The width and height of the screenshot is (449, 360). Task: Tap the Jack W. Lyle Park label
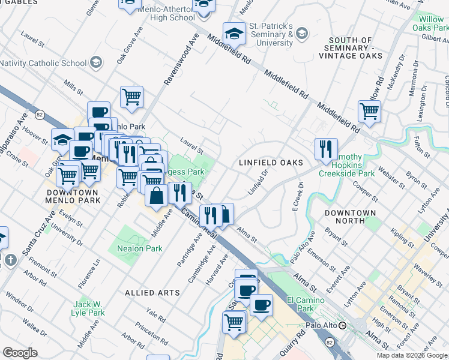88,308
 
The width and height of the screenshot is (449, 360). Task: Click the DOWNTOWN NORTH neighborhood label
350,217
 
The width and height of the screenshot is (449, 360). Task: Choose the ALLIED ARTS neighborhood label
152,293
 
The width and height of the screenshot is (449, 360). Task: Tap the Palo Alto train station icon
342,326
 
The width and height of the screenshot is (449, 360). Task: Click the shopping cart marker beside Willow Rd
369,111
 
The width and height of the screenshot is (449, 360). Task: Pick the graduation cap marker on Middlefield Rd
234,34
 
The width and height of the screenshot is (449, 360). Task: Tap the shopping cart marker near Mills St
131,96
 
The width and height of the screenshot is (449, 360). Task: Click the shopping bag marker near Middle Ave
156,196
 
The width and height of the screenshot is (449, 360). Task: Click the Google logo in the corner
20,352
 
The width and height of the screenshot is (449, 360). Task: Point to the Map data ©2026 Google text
412,355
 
